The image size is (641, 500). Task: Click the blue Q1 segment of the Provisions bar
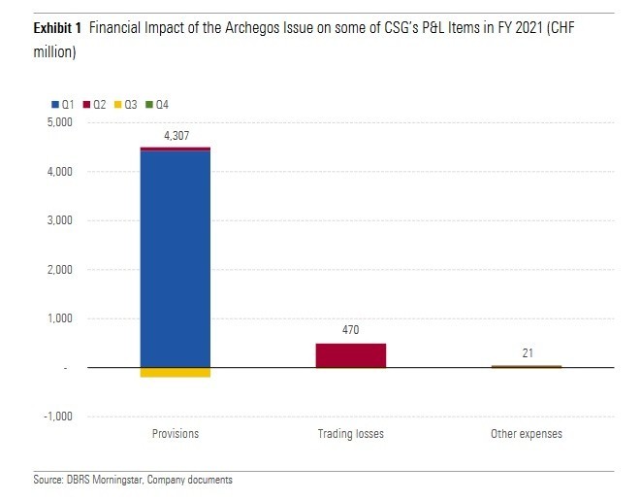coord(176,257)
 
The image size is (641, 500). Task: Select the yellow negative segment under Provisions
coord(176,373)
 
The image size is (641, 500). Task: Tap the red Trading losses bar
coord(351,355)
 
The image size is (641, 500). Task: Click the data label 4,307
coord(176,136)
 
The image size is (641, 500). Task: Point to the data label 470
coord(351,330)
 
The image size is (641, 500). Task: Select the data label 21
coord(527,352)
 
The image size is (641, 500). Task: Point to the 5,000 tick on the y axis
coord(59,123)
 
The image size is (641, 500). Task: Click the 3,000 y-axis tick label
coord(59,221)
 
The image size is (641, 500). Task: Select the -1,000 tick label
coord(57,417)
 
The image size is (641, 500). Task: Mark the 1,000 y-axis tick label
coord(59,318)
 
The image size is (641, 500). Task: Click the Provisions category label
coord(176,434)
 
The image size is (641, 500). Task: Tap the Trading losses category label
coord(351,434)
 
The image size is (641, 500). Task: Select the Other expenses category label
coord(527,434)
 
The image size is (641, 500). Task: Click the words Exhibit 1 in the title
coord(54,30)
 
